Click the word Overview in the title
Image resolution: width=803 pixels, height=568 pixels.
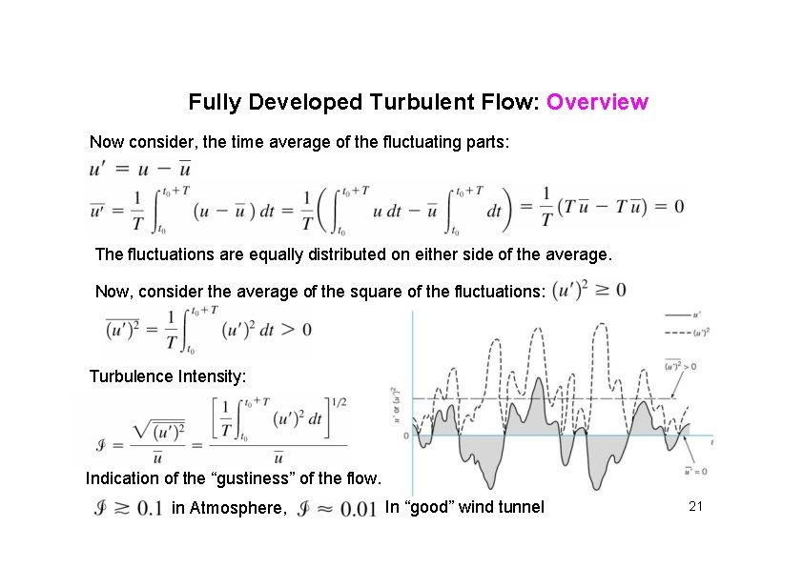[598, 102]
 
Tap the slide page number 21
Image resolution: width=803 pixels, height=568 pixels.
[695, 507]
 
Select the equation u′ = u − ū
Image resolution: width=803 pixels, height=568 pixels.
[141, 169]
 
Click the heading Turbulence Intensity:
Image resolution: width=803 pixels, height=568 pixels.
[168, 376]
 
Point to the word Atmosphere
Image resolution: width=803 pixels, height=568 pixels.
[227, 508]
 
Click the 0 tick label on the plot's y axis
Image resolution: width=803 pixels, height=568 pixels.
[405, 436]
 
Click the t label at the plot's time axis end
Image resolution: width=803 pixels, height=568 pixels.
[712, 442]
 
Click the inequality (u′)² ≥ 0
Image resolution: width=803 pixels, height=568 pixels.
[589, 289]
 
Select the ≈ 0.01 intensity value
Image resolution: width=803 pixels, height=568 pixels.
[339, 508]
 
